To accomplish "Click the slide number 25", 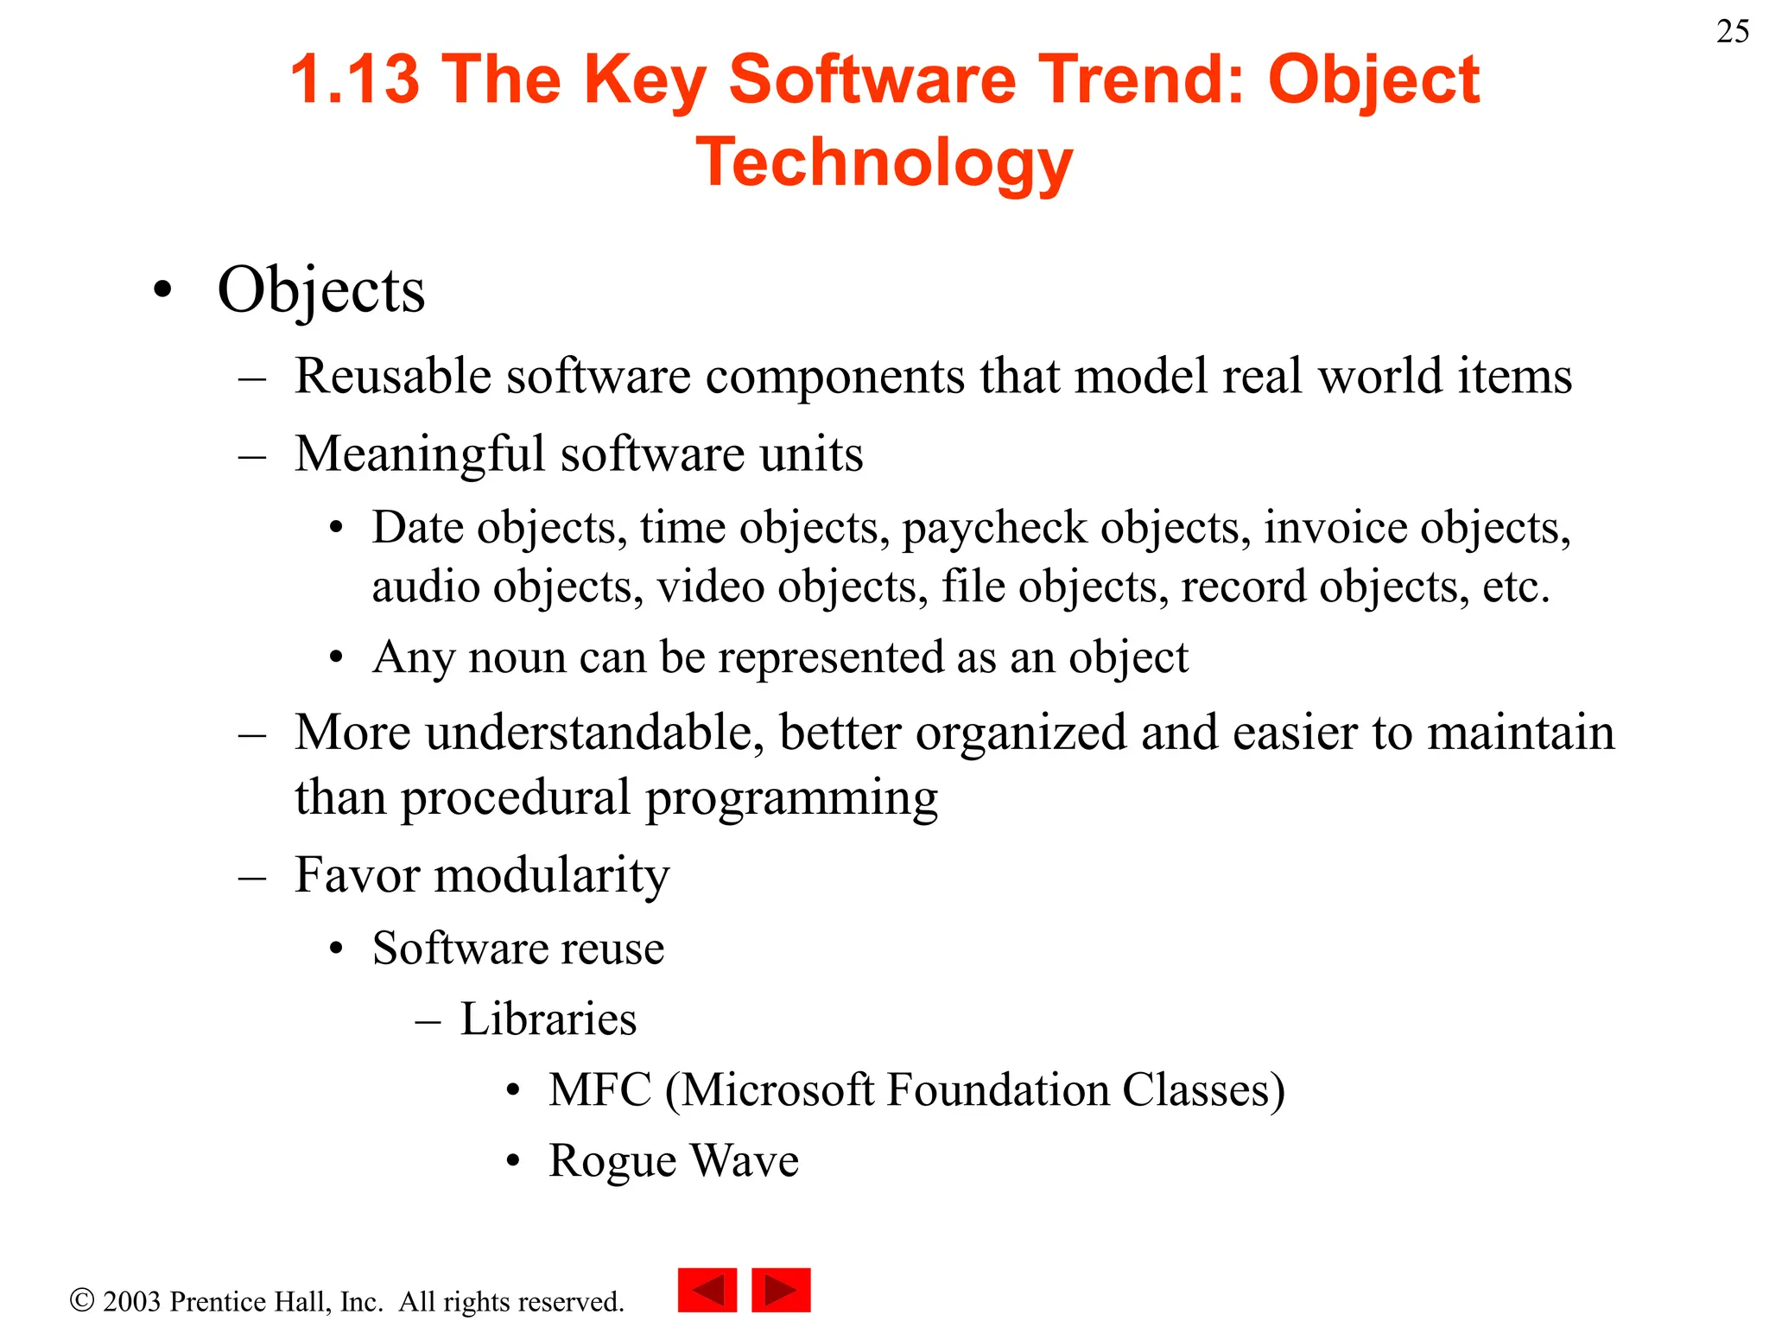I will click(1732, 32).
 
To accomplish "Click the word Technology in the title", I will click(884, 162).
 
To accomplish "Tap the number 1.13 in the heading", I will click(354, 79).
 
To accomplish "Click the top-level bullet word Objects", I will click(321, 290).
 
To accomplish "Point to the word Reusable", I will click(392, 376).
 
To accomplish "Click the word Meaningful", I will click(420, 454).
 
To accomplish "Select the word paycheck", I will click(994, 528).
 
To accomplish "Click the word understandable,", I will click(595, 733).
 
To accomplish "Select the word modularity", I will click(552, 875).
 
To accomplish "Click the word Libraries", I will click(548, 1019).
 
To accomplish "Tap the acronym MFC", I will click(600, 1089).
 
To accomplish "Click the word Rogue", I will click(612, 1160).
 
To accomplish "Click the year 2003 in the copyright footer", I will click(131, 1301).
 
